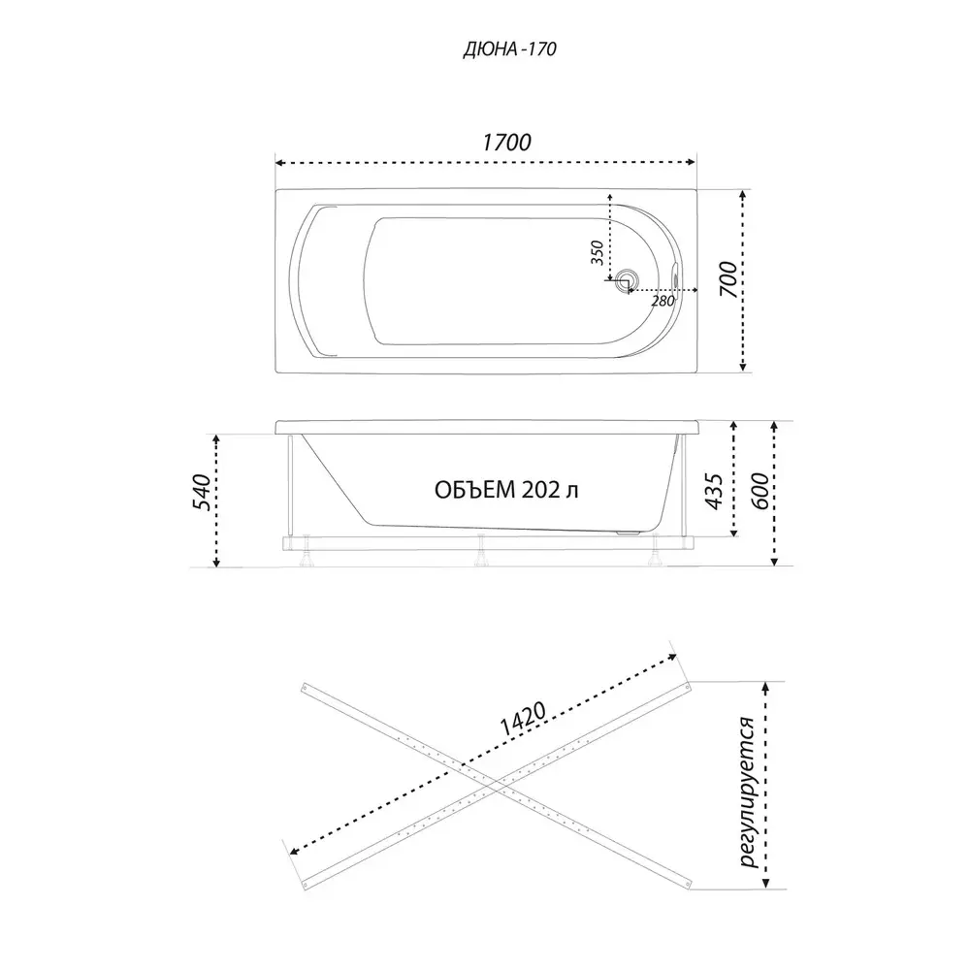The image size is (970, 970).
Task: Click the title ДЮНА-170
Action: point(510,48)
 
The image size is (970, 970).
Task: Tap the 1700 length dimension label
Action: point(506,143)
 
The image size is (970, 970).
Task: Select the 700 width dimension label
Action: point(730,279)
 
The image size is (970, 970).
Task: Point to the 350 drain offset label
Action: point(597,253)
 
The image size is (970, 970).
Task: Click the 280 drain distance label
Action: point(663,302)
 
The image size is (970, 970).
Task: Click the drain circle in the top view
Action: point(628,279)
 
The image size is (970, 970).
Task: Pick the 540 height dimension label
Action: point(203,493)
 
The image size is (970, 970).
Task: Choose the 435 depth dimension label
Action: point(715,492)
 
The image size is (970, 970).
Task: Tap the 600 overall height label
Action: point(760,491)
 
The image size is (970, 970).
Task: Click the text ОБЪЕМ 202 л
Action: point(506,490)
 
